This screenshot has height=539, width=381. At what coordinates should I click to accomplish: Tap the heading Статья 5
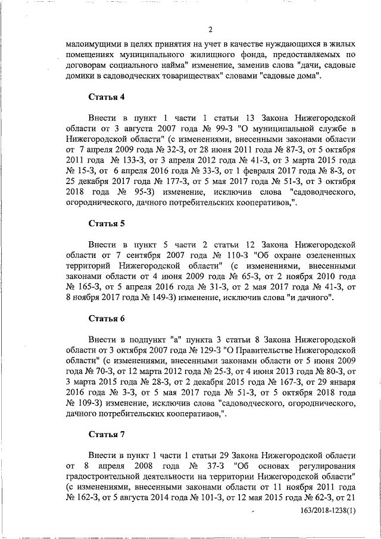click(105, 225)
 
